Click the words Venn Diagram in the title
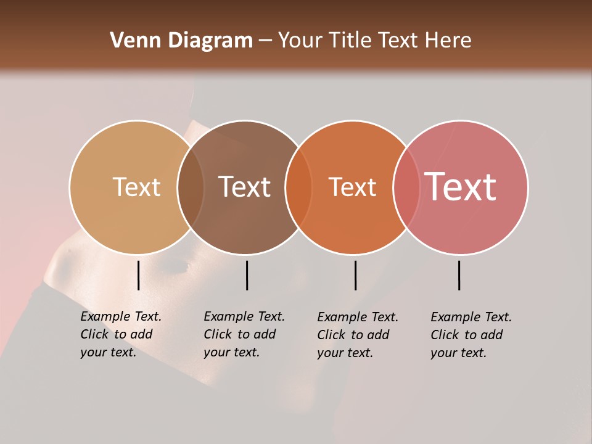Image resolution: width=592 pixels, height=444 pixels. [181, 41]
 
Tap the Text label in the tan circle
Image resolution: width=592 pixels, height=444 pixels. [136, 187]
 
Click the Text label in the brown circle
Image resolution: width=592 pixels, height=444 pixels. [245, 187]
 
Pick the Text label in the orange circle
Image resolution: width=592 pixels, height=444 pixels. [352, 187]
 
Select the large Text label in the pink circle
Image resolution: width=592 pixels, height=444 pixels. [461, 187]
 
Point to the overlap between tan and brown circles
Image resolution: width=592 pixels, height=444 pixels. [191, 187]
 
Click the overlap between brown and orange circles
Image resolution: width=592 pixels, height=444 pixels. [298, 187]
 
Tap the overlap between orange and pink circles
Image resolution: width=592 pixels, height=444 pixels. [406, 187]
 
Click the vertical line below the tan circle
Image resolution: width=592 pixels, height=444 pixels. [139, 275]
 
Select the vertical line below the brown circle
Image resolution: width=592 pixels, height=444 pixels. [247, 275]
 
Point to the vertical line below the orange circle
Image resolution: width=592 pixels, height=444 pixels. [355, 275]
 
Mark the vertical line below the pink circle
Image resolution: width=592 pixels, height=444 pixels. [459, 275]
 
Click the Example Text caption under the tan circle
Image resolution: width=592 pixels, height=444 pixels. [121, 334]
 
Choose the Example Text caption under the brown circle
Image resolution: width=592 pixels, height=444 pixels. [244, 334]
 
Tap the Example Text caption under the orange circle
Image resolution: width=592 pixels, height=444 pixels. [358, 335]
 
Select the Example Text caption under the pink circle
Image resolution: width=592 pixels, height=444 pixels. [471, 335]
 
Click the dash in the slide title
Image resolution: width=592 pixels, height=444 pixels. [265, 41]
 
